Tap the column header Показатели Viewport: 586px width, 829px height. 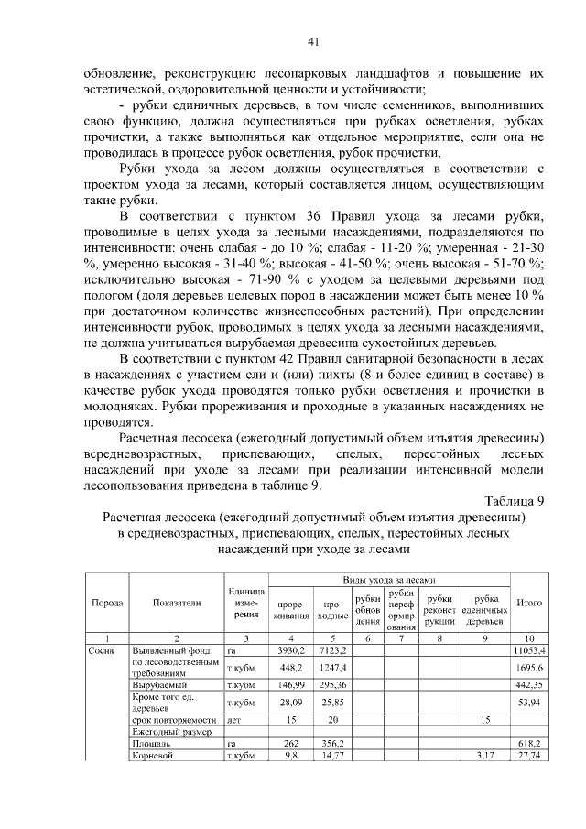point(178,604)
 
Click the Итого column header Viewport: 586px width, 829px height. point(528,604)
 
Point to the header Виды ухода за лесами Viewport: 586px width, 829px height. point(387,581)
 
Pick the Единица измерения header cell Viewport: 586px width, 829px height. point(245,604)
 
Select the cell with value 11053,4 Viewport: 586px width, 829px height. point(528,649)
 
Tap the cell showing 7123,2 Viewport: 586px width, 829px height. point(330,649)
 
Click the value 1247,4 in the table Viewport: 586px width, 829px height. point(330,668)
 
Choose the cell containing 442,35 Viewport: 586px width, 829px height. point(528,684)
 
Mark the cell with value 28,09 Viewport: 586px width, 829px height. point(290,703)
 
